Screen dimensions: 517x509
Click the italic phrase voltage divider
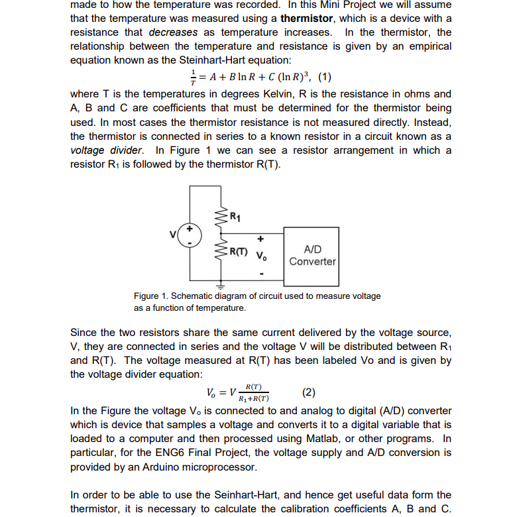[x=105, y=150]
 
